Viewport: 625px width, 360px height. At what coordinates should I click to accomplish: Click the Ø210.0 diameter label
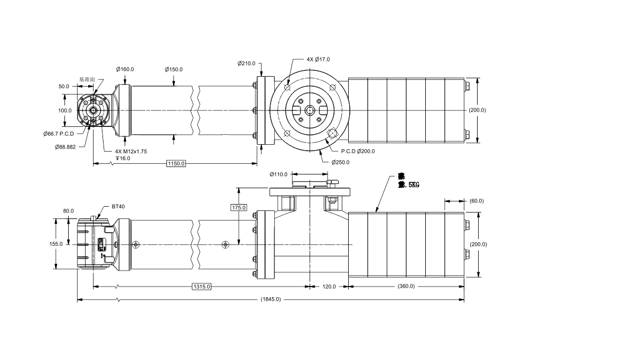[x=246, y=63]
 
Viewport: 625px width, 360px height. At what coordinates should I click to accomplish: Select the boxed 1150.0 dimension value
[x=176, y=163]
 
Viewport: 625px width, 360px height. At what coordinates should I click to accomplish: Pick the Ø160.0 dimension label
[x=125, y=69]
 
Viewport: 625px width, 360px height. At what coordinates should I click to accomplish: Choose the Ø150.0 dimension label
[x=173, y=69]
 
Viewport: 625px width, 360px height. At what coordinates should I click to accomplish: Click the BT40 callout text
[x=118, y=207]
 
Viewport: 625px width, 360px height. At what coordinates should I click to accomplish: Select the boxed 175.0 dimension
[x=239, y=208]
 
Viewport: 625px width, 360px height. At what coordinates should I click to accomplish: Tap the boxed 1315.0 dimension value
[x=202, y=287]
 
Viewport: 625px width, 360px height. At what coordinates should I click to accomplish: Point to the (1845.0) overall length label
[x=270, y=299]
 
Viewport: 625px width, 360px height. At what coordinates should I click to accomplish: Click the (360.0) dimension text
[x=406, y=286]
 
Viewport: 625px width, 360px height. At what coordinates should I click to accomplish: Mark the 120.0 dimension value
[x=329, y=287]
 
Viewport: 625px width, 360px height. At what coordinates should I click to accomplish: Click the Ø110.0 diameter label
[x=278, y=174]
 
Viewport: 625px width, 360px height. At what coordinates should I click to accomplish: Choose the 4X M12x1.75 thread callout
[x=131, y=151]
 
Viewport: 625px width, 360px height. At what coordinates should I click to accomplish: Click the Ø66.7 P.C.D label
[x=59, y=134]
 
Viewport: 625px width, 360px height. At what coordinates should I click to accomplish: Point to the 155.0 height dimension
[x=56, y=244]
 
